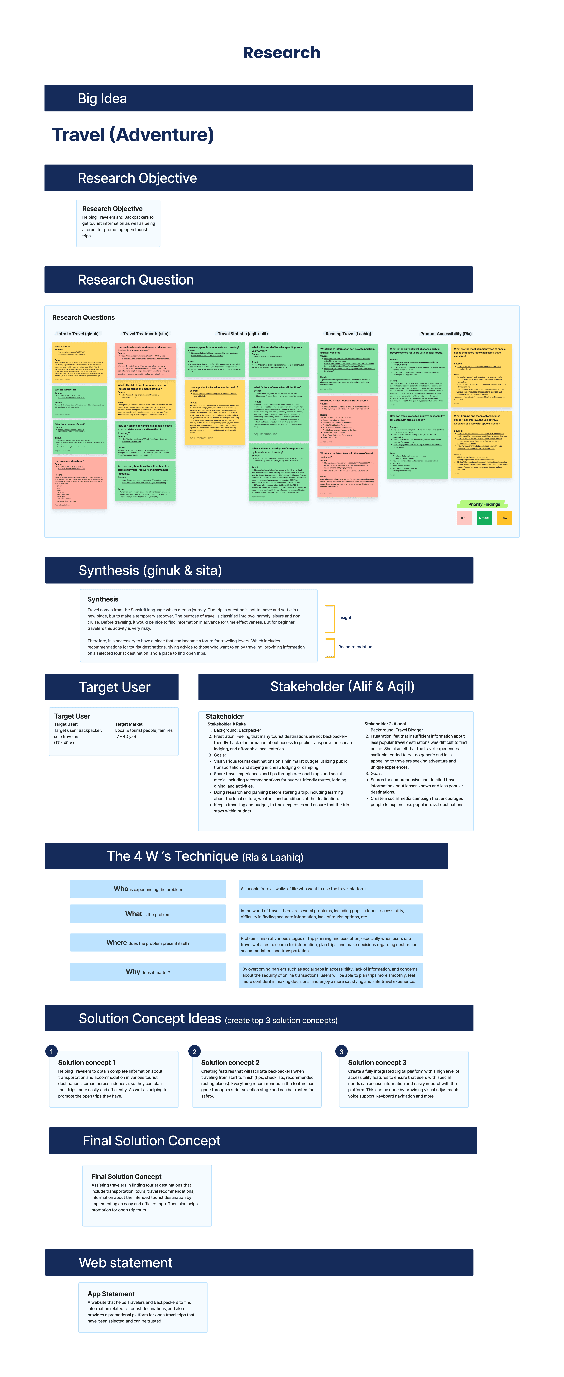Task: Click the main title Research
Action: pyautogui.click(x=282, y=53)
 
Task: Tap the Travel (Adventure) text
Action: pyautogui.click(x=133, y=135)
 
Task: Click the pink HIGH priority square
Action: pyautogui.click(x=464, y=518)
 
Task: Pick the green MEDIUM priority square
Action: pyautogui.click(x=484, y=518)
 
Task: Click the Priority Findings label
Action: pyautogui.click(x=484, y=504)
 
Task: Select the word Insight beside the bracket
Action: pyautogui.click(x=345, y=617)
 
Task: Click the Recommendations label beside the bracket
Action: pyautogui.click(x=356, y=647)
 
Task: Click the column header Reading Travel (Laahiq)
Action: pyautogui.click(x=348, y=333)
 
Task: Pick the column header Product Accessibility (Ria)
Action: pyautogui.click(x=446, y=333)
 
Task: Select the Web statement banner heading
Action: pyautogui.click(x=126, y=1263)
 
